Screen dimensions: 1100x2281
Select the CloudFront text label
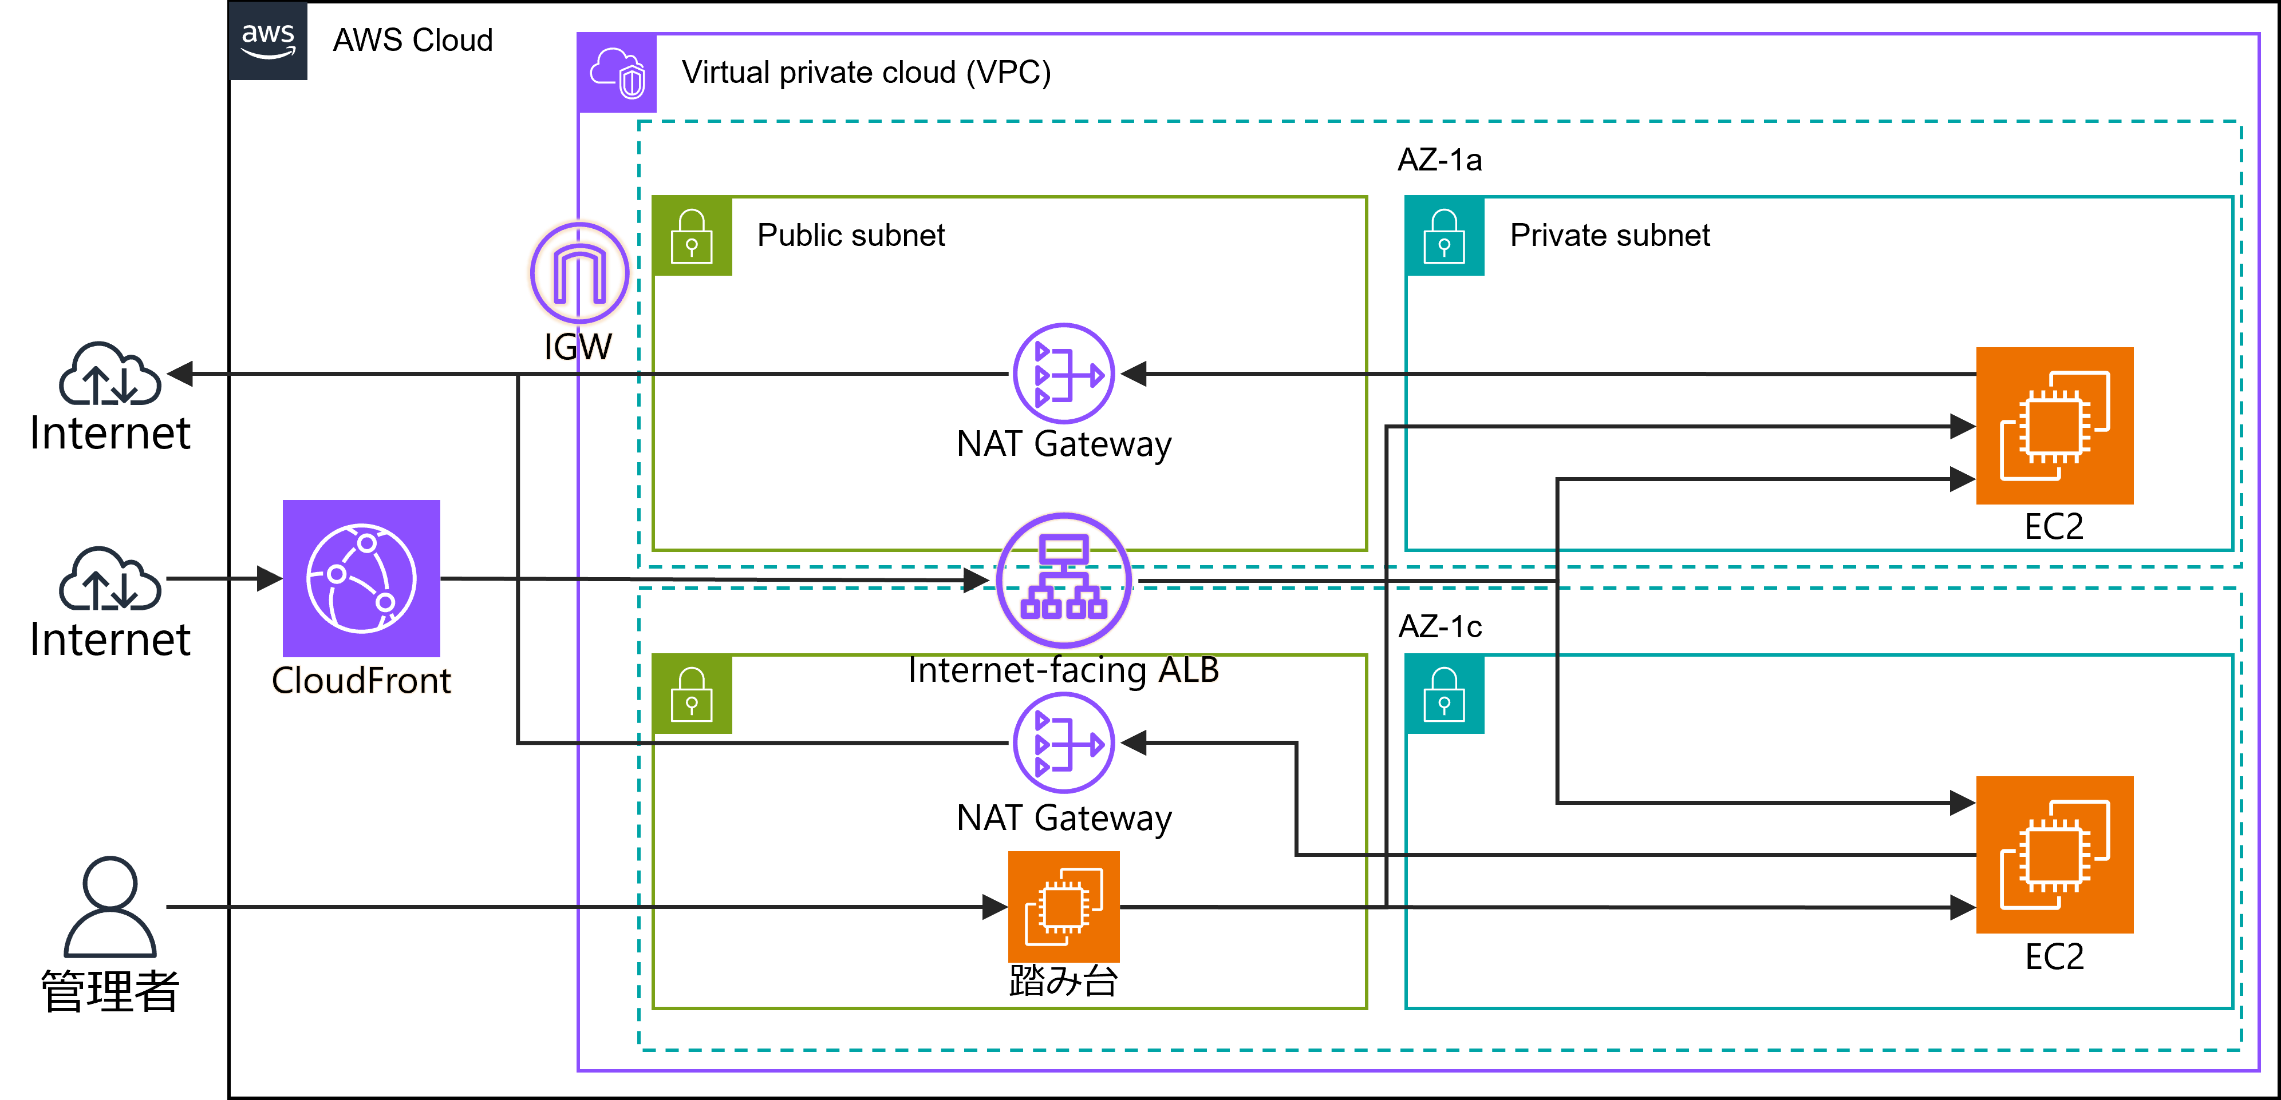(x=361, y=681)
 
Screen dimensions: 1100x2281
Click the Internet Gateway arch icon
(x=579, y=272)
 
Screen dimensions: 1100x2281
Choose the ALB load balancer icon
(x=1063, y=579)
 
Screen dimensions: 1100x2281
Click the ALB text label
(x=1189, y=670)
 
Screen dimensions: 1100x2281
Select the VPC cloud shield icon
(x=617, y=73)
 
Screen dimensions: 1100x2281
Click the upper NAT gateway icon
(x=1063, y=374)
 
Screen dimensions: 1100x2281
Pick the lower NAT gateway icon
(x=1063, y=742)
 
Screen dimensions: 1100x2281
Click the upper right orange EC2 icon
(x=2054, y=426)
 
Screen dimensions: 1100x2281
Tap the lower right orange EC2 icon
(x=2054, y=854)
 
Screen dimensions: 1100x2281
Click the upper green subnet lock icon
(x=692, y=236)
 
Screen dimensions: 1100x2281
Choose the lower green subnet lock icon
(x=692, y=694)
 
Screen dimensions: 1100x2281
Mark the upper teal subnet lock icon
(x=1444, y=236)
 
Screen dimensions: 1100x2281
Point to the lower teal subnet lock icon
(x=1444, y=694)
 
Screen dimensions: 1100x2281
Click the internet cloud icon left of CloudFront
(x=110, y=579)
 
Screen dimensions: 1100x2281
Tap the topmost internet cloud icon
(x=110, y=374)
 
